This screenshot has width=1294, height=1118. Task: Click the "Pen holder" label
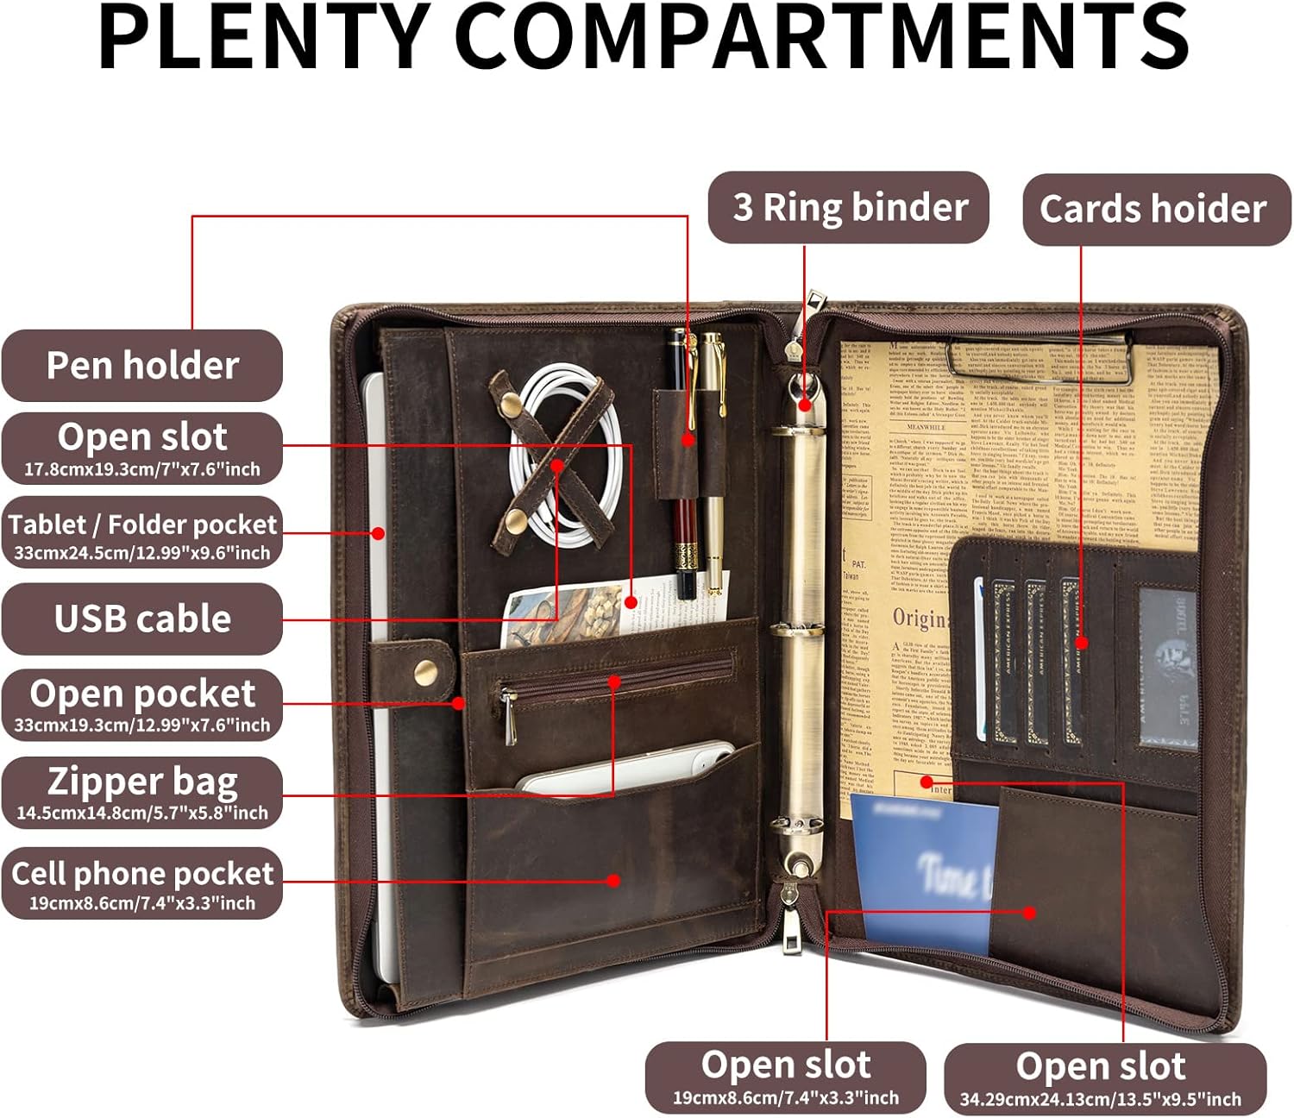pyautogui.click(x=142, y=365)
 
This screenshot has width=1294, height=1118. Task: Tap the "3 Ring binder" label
pyautogui.click(x=849, y=207)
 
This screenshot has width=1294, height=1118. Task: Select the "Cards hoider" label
pyautogui.click(x=1154, y=209)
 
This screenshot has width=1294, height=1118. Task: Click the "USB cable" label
pyautogui.click(x=142, y=619)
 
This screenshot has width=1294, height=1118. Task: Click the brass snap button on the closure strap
pyautogui.click(x=424, y=672)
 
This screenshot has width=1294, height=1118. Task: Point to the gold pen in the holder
pyautogui.click(x=713, y=457)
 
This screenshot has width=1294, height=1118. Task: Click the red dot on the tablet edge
pyautogui.click(x=378, y=533)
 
